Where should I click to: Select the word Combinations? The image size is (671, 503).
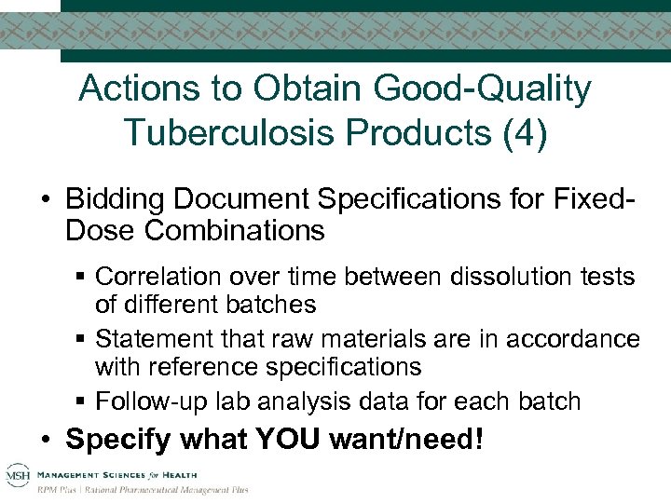[233, 230]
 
